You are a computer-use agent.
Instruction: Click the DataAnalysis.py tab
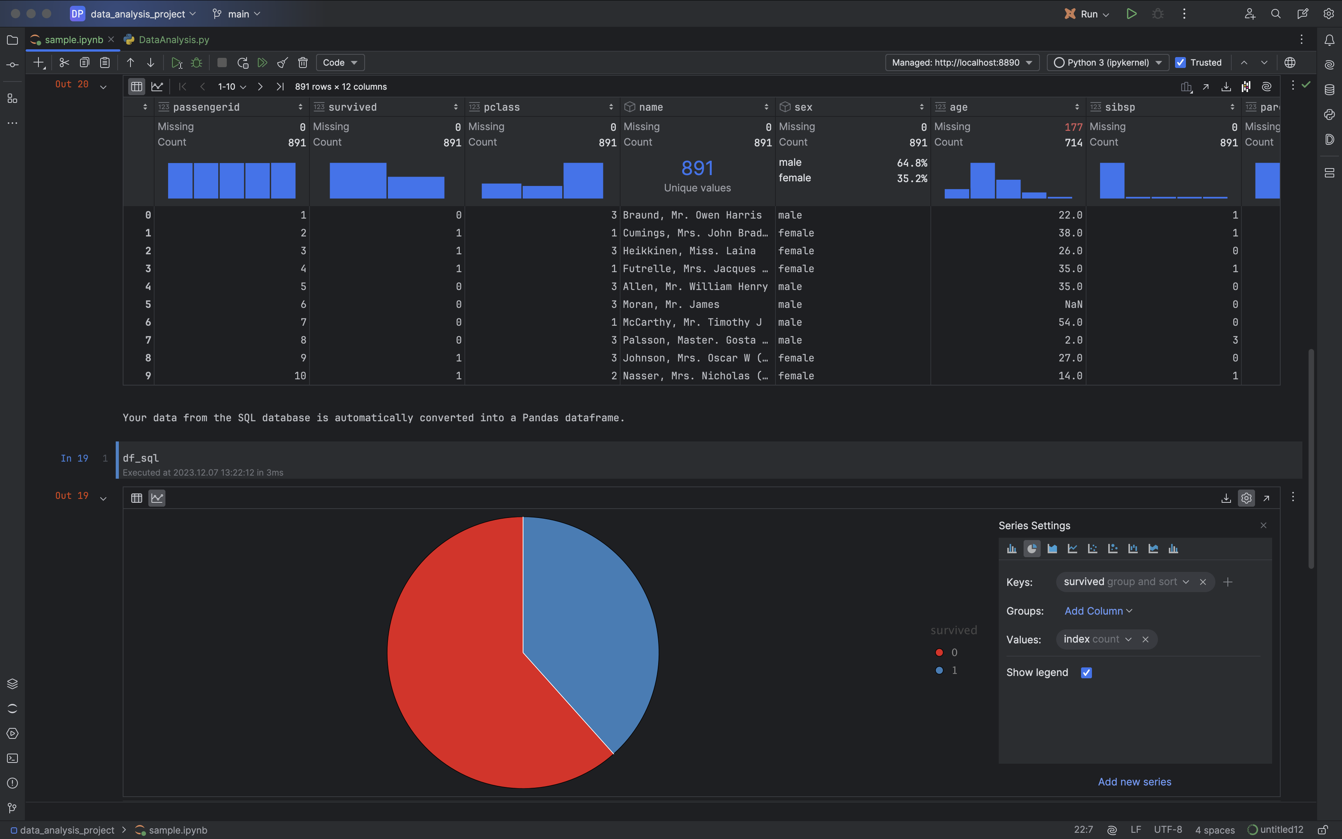click(173, 39)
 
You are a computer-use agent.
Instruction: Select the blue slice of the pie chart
click(588, 622)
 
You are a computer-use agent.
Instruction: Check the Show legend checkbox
click(1086, 672)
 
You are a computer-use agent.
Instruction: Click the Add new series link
click(1134, 781)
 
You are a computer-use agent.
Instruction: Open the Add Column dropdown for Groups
click(1098, 611)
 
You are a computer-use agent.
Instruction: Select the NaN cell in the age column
click(1073, 304)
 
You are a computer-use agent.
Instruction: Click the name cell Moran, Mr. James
click(671, 304)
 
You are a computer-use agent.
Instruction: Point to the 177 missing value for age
click(1073, 127)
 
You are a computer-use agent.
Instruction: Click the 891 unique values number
click(697, 168)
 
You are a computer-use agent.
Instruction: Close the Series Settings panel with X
click(1263, 525)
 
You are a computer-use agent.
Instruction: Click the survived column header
click(353, 107)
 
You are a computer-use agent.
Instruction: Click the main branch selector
click(238, 14)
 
